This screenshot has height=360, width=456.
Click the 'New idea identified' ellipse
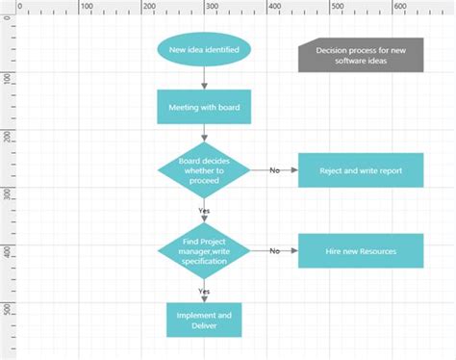[204, 50]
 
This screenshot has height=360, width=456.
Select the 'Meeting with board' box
[204, 107]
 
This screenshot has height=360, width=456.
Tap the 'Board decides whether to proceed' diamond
[204, 170]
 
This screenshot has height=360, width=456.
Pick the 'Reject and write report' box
[361, 170]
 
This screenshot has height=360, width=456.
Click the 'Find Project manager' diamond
[204, 250]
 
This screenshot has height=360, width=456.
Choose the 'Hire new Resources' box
[361, 250]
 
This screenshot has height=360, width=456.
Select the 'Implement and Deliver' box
[204, 320]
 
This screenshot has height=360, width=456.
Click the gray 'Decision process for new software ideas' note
[361, 56]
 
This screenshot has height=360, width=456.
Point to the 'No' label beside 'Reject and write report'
[274, 170]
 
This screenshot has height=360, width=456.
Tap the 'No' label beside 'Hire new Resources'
[274, 250]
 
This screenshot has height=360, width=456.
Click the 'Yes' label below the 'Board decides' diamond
[204, 210]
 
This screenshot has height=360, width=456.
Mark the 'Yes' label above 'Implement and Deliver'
[204, 290]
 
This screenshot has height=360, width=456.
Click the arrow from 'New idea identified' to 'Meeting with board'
[204, 79]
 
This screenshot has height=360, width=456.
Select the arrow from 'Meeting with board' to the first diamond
[204, 136]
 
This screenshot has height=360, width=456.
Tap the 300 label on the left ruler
[7, 193]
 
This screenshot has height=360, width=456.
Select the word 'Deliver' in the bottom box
[204, 325]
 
